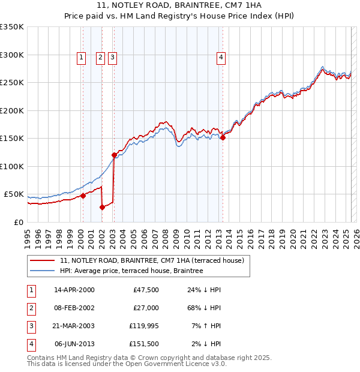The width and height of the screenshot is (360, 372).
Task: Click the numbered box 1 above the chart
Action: (x=81, y=58)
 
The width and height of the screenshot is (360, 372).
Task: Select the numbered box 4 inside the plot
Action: (x=221, y=58)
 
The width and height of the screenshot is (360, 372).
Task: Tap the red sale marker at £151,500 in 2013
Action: (x=223, y=137)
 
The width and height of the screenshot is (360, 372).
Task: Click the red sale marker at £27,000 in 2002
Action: (x=102, y=208)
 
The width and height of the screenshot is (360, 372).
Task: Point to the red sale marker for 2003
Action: (x=114, y=155)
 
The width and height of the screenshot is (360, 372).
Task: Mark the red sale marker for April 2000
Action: (x=83, y=196)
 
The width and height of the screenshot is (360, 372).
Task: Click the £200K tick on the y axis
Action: (x=12, y=110)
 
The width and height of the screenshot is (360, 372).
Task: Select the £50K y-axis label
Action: (x=13, y=194)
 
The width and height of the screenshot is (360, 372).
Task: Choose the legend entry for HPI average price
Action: (x=131, y=271)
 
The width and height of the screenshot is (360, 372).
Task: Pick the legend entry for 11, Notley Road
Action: (x=152, y=261)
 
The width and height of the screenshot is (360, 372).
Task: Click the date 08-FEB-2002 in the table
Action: (x=74, y=308)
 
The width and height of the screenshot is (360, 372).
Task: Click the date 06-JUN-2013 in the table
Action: (x=74, y=344)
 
